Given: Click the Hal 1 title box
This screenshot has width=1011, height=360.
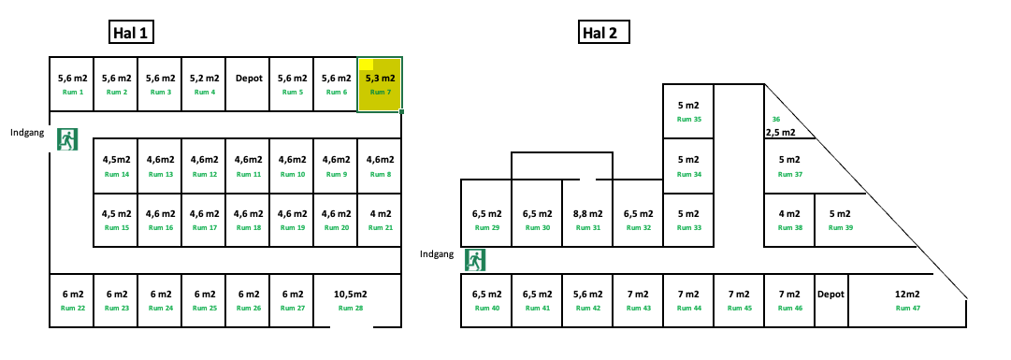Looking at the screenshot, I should (x=131, y=33).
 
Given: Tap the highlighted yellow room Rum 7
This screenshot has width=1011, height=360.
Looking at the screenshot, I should (x=380, y=84).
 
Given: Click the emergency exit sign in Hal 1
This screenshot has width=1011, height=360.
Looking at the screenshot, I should (x=67, y=140).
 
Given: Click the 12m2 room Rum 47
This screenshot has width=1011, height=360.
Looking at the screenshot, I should (x=907, y=299).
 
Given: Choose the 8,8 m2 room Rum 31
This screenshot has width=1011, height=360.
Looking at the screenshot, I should (x=587, y=220).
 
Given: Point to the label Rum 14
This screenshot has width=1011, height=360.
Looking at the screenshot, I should (x=116, y=175).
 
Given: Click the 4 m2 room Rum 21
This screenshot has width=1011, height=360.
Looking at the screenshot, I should (x=381, y=220).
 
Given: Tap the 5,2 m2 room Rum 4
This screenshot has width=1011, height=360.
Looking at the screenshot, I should (x=204, y=84).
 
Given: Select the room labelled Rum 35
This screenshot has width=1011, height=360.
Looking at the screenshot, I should (x=689, y=110).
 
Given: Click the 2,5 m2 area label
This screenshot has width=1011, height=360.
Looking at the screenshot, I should (x=780, y=133).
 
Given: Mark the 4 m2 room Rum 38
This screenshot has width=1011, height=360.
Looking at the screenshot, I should (x=789, y=220).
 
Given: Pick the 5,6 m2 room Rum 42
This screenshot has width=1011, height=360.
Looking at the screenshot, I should (x=587, y=299).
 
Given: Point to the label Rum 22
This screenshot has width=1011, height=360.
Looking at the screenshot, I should (x=72, y=308).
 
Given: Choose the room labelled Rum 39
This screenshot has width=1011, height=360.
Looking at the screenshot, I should (x=840, y=220).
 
